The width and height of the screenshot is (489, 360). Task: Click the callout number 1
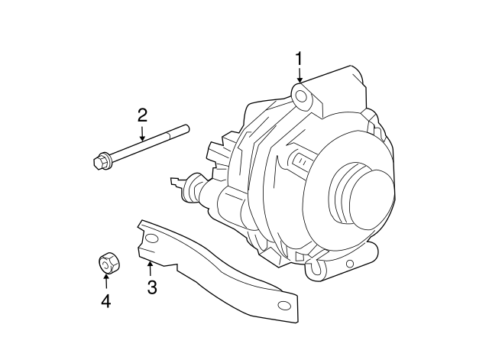click(300, 58)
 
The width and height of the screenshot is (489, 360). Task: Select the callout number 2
click(142, 115)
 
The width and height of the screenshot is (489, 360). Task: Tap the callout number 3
click(151, 287)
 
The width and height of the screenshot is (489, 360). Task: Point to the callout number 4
click(106, 301)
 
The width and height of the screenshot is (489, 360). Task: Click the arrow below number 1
click(300, 75)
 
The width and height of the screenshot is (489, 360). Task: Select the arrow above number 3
click(151, 268)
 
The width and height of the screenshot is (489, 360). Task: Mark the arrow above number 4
click(106, 282)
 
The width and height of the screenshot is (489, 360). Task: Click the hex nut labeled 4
click(106, 263)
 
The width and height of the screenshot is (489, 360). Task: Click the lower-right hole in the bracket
click(284, 306)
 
